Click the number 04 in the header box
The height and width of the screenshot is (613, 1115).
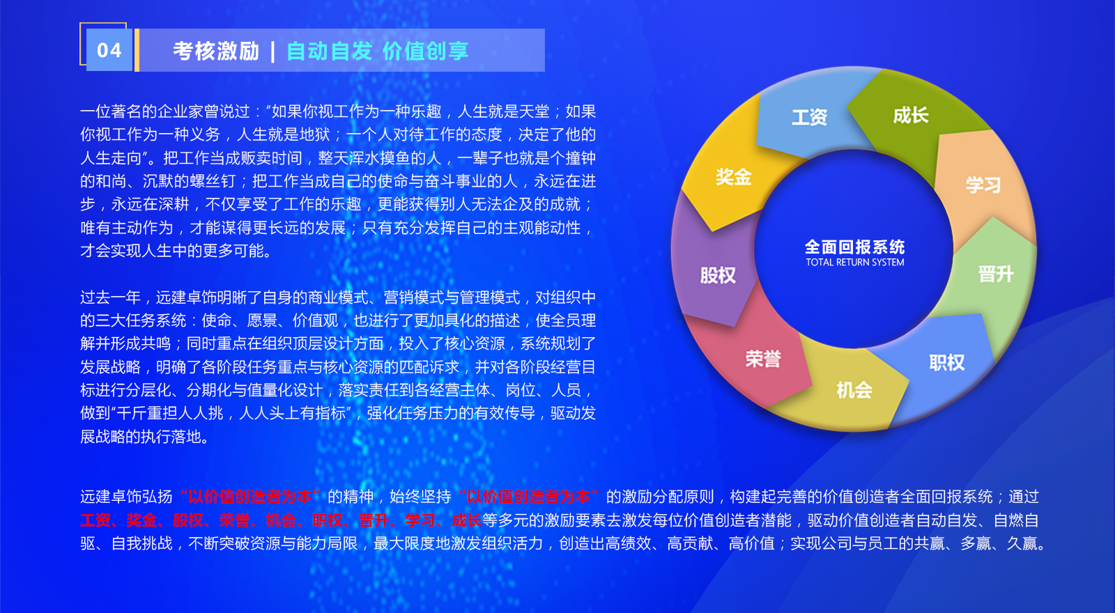[109, 50]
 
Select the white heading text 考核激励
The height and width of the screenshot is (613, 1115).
[216, 52]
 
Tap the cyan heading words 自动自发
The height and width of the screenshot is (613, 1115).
[330, 52]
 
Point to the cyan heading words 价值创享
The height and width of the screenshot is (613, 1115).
[426, 52]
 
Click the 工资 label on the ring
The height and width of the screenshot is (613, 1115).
[809, 118]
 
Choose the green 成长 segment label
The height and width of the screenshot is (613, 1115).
[910, 116]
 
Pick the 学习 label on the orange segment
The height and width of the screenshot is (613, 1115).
[983, 185]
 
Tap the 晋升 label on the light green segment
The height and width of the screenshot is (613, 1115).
[996, 274]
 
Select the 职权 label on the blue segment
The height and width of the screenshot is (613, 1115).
[947, 363]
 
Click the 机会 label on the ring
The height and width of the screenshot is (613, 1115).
[854, 390]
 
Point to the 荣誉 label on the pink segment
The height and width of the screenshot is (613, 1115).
[763, 359]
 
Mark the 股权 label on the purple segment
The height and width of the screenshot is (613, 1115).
[718, 275]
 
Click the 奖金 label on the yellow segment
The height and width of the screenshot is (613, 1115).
[734, 177]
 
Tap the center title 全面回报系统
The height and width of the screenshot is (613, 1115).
[854, 247]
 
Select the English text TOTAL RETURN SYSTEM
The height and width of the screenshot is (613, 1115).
[855, 262]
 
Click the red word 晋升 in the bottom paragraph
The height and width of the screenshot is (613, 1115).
[374, 520]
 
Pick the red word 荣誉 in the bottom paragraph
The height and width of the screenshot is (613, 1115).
[234, 520]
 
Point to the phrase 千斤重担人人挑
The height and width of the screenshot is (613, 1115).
[169, 414]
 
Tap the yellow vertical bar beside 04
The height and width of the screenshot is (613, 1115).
[137, 50]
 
